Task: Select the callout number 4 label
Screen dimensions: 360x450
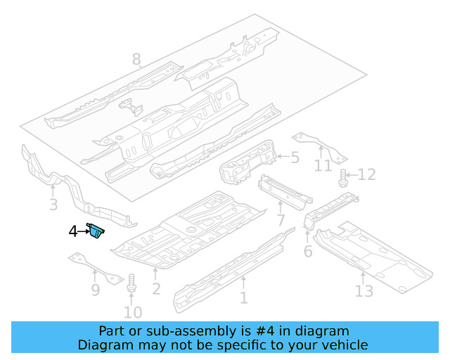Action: pyautogui.click(x=72, y=231)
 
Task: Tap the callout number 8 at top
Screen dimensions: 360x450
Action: pyautogui.click(x=136, y=60)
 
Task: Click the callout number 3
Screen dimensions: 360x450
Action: pyautogui.click(x=53, y=205)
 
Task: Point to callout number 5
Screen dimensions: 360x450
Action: pyautogui.click(x=295, y=158)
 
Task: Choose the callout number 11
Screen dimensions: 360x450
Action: pyautogui.click(x=323, y=166)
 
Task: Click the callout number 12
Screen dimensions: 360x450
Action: pyautogui.click(x=367, y=175)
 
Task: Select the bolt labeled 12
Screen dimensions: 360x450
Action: pyautogui.click(x=344, y=177)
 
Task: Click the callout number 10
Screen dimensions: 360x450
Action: pyautogui.click(x=132, y=312)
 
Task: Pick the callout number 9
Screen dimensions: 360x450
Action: pyautogui.click(x=96, y=290)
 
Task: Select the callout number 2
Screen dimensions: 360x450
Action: pyautogui.click(x=156, y=289)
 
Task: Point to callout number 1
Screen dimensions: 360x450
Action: pyautogui.click(x=243, y=298)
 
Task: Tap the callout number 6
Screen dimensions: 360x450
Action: pyautogui.click(x=307, y=252)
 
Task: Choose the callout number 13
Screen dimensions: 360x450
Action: pyautogui.click(x=364, y=290)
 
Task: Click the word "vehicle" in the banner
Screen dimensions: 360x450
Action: pyautogui.click(x=345, y=345)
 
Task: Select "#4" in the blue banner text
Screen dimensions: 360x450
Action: pyautogui.click(x=233, y=330)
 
